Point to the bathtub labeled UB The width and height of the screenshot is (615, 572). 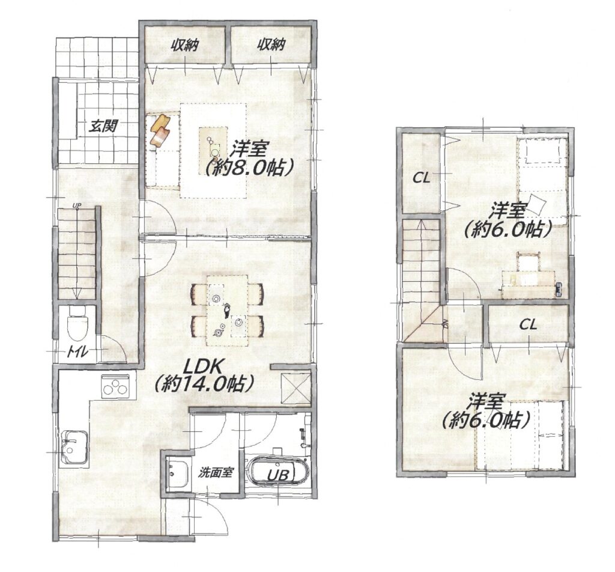(x=277, y=471)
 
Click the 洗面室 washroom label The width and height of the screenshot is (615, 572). (x=216, y=472)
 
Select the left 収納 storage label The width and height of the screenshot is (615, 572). (x=184, y=45)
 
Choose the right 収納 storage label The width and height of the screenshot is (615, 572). (x=271, y=45)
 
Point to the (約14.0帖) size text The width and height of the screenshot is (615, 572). (x=203, y=384)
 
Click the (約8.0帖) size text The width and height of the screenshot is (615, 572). (x=249, y=168)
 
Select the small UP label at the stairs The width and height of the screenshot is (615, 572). (x=76, y=205)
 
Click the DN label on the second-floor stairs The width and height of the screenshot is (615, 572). (x=445, y=324)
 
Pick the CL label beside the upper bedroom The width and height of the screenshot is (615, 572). (x=422, y=178)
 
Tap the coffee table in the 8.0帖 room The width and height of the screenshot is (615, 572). (x=213, y=144)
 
